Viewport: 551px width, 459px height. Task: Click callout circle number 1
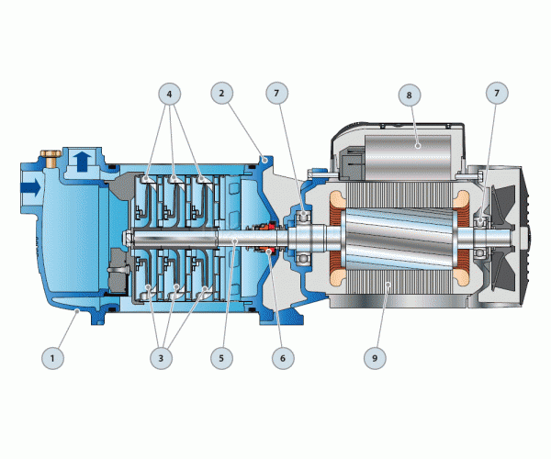pyautogui.click(x=52, y=358)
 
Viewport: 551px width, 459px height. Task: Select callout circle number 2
pyautogui.click(x=221, y=93)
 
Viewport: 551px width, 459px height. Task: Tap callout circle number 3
pyautogui.click(x=162, y=358)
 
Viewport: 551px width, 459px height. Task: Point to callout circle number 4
pyautogui.click(x=170, y=94)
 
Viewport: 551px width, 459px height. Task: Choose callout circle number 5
pyautogui.click(x=221, y=358)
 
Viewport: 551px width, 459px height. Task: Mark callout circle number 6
pyautogui.click(x=283, y=358)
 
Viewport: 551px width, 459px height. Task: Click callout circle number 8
pyautogui.click(x=410, y=95)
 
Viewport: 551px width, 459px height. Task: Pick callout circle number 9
pyautogui.click(x=375, y=358)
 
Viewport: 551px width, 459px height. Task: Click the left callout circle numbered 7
pyautogui.click(x=277, y=93)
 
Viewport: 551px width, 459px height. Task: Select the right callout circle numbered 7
pyautogui.click(x=497, y=93)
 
